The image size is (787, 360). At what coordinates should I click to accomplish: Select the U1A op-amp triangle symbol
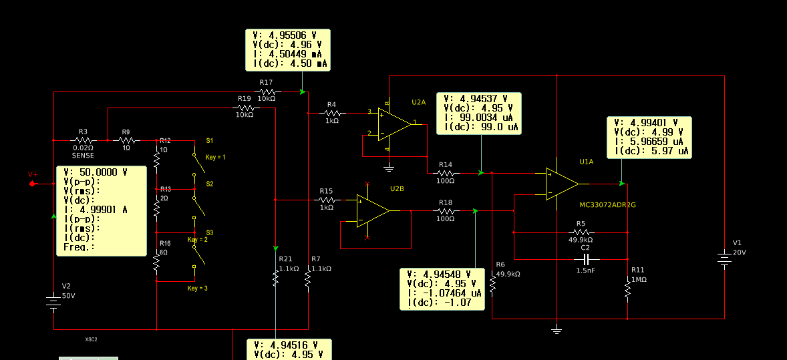[x=561, y=184]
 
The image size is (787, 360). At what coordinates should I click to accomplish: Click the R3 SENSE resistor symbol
[x=84, y=140]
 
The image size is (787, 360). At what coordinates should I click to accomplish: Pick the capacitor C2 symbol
[x=587, y=258]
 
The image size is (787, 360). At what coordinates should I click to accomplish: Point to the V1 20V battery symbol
[x=724, y=258]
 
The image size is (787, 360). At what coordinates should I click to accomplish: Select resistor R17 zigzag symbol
[x=267, y=91]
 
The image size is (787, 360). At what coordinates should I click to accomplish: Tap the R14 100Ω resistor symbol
[x=446, y=172]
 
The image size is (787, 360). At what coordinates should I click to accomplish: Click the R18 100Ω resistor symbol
[x=446, y=210]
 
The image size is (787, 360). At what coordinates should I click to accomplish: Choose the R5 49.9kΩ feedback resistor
[x=581, y=232]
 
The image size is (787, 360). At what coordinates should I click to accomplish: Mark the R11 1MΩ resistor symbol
[x=627, y=289]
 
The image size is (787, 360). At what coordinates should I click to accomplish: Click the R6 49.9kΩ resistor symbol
[x=492, y=285]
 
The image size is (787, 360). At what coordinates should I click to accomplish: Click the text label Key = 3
[x=197, y=288]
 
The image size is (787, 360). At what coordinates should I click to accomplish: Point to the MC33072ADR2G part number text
[x=607, y=205]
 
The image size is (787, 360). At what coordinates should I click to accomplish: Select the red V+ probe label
[x=33, y=175]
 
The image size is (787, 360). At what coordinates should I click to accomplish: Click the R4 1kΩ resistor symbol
[x=332, y=113]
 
